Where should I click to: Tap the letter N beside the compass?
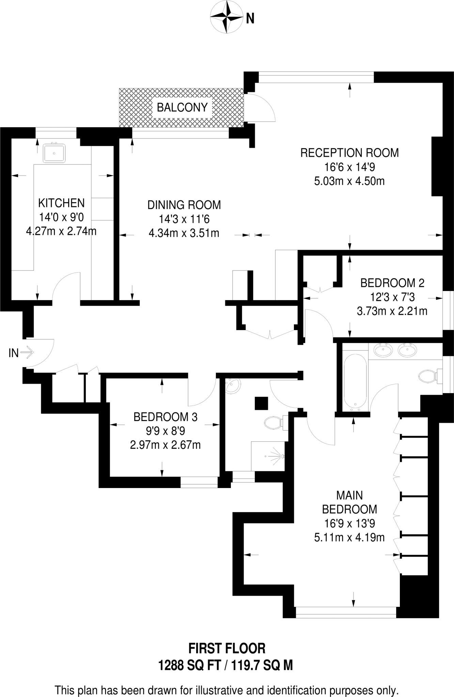(x=250, y=18)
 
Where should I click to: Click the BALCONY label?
(x=182, y=108)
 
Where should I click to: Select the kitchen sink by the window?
(x=54, y=153)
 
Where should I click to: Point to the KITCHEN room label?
(x=61, y=203)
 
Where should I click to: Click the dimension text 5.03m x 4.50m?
(x=349, y=181)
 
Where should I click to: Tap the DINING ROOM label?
(x=184, y=205)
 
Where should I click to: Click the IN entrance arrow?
(x=27, y=353)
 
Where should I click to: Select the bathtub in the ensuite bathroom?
(x=355, y=380)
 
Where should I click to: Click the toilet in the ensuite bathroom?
(x=427, y=376)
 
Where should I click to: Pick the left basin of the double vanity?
(x=383, y=350)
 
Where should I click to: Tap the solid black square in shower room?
(x=261, y=404)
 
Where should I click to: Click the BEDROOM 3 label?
(x=165, y=417)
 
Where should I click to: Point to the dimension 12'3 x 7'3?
(x=392, y=297)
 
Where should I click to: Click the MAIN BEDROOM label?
(x=349, y=502)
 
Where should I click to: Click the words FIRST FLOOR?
(x=227, y=649)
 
